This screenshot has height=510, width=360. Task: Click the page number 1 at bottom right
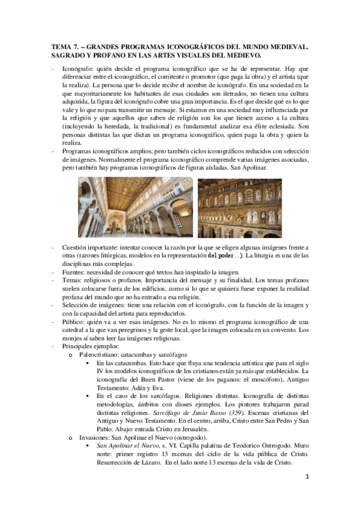[x=307, y=493]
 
